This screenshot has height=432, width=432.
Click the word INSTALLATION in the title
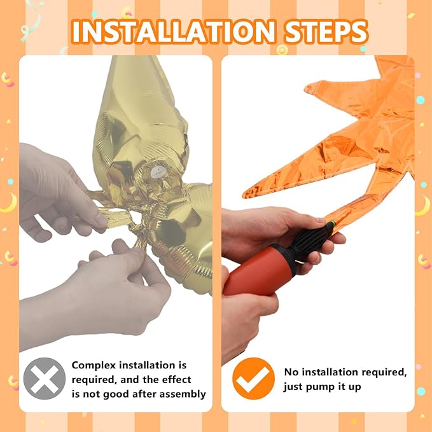click(x=173, y=32)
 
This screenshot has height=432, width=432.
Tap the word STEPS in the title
click(x=326, y=32)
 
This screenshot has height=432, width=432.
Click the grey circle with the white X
click(x=45, y=379)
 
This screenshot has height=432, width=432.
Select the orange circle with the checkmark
click(x=253, y=379)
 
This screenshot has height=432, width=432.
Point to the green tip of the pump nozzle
click(x=333, y=223)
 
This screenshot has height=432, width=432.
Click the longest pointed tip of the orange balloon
click(x=244, y=195)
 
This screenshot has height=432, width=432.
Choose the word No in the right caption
click(x=291, y=372)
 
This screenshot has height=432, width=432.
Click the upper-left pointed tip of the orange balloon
click(x=307, y=88)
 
